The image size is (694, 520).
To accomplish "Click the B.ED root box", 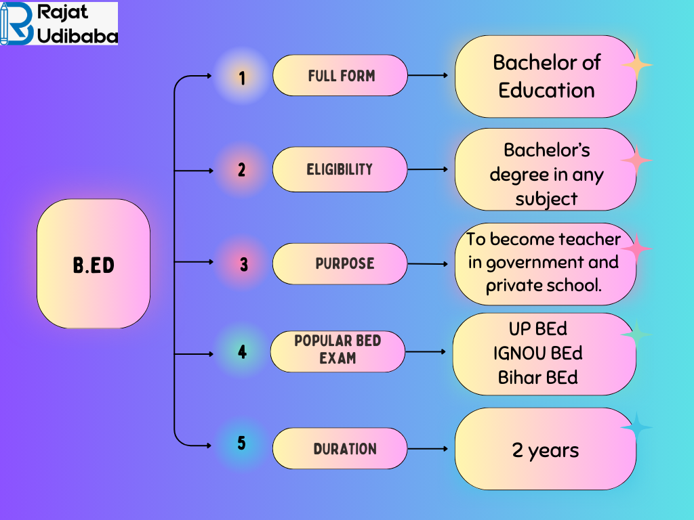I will point(94,264).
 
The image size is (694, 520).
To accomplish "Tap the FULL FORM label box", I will point(340,76).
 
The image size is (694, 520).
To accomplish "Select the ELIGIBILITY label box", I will point(340,169).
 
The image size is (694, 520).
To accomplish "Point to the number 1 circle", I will point(242,78).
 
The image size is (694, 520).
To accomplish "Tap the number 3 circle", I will point(243,264).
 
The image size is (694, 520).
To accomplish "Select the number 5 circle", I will point(242,444).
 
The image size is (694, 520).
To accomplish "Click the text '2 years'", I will point(546,450).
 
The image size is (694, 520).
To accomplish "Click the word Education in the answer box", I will point(546,90).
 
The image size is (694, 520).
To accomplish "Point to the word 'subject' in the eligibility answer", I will point(546,199).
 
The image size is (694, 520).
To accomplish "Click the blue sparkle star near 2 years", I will point(636,429).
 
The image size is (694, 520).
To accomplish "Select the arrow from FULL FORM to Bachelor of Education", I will point(428,76).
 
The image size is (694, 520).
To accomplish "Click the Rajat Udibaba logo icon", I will point(16,24).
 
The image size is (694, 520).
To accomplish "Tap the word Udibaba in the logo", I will point(79,35).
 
